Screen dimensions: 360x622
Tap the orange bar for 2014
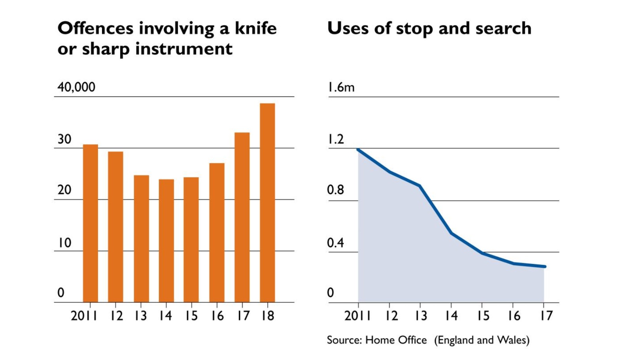pos(166,241)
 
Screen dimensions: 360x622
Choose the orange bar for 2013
pos(141,239)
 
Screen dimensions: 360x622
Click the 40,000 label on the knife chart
pos(76,87)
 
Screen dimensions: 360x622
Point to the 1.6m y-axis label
pos(341,87)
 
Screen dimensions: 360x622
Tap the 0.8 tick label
pos(335,190)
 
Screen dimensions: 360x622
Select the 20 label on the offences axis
pos(64,190)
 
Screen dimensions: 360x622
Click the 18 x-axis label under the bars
pos(267,316)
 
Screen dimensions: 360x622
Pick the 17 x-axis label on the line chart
pos(546,316)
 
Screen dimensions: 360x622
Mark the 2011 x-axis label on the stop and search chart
pos(357,316)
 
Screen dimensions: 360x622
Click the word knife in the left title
pos(255,28)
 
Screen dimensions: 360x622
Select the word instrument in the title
pos(184,49)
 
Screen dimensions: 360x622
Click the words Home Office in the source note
pos(396,340)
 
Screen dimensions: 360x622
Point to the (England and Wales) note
pos(482,340)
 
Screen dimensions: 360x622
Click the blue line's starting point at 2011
pos(358,149)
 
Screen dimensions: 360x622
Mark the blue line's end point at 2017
pos(544,267)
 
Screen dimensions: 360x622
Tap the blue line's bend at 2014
pos(451,233)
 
